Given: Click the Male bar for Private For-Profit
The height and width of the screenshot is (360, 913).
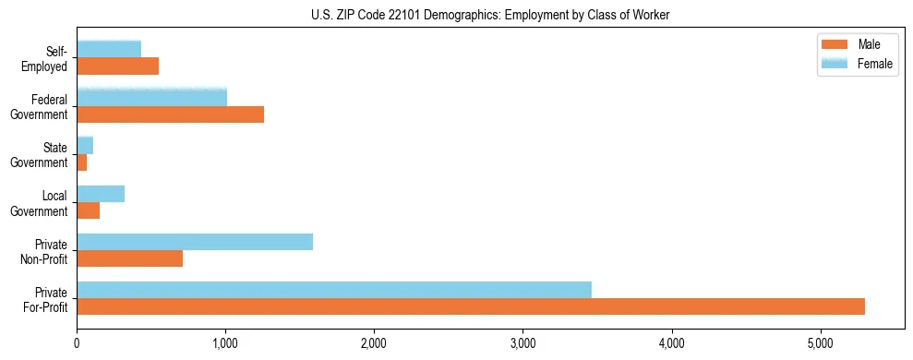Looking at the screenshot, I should click(x=471, y=306).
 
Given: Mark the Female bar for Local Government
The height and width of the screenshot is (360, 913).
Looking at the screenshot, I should click(x=101, y=194).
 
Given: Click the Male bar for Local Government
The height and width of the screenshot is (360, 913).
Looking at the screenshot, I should click(x=89, y=210).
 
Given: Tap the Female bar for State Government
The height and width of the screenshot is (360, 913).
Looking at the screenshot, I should click(x=85, y=146).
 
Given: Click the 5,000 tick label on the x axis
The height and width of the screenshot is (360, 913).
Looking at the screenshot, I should click(x=821, y=344).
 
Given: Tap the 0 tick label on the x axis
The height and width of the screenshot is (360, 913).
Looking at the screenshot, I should click(x=78, y=344).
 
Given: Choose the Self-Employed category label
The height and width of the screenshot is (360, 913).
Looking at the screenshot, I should click(x=49, y=58).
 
